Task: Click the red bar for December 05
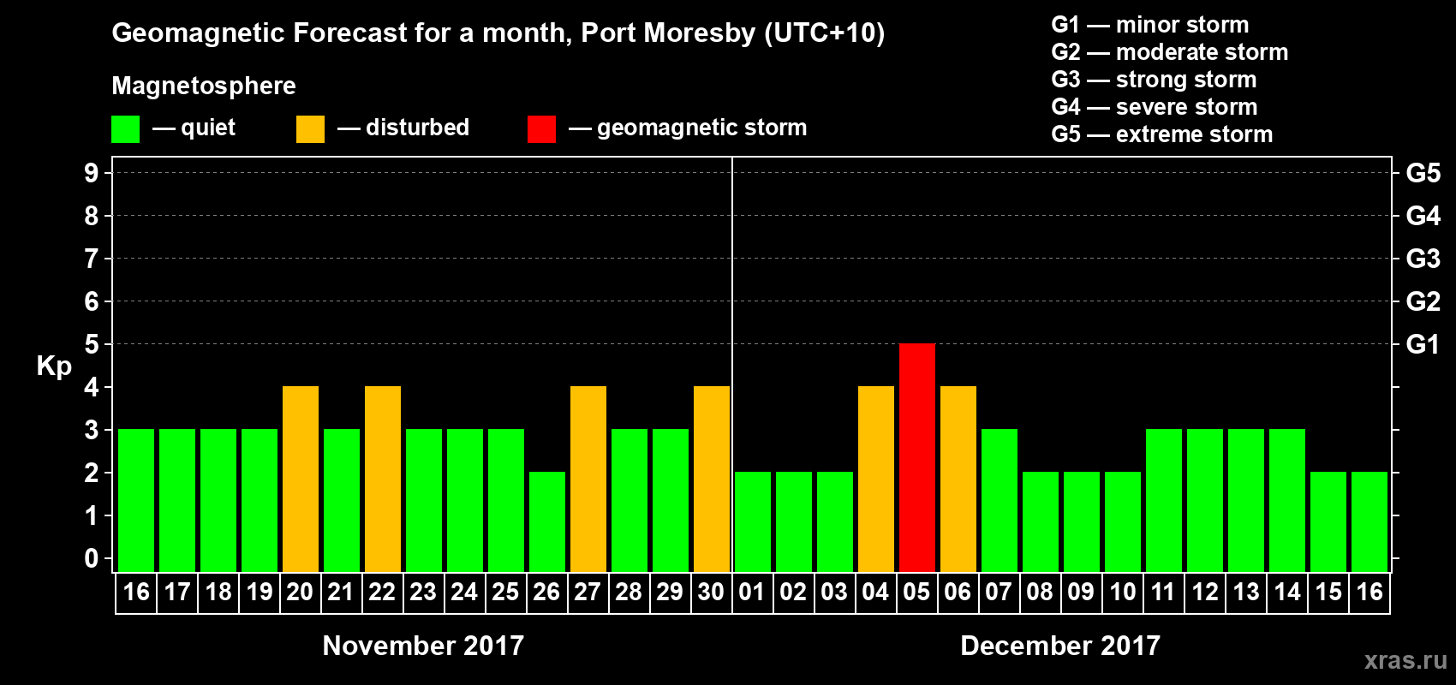[916, 457]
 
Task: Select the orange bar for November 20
[300, 479]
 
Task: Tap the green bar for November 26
[546, 521]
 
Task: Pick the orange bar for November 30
[711, 479]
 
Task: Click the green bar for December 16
[1369, 521]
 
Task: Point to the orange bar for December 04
[875, 479]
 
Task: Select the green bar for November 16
[135, 500]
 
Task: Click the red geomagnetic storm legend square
[541, 129]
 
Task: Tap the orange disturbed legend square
[310, 129]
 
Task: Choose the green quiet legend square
[125, 129]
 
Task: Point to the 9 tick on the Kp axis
[92, 173]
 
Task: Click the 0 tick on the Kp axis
[92, 559]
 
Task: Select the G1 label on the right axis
[1423, 344]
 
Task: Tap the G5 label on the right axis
[1423, 173]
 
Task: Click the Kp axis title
[54, 366]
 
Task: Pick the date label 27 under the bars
[587, 592]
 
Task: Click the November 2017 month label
[423, 646]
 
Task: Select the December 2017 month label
[1060, 646]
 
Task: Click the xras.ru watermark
[1405, 660]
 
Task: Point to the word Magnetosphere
[204, 86]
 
